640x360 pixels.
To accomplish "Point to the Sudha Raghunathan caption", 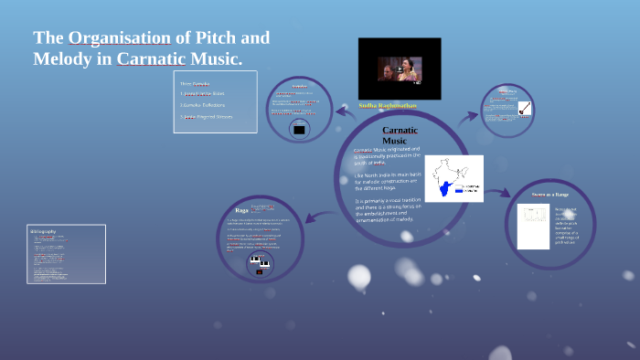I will click(393, 106).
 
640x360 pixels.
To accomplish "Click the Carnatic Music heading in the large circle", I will click(400, 135).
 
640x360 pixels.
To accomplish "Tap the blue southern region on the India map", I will click(448, 187).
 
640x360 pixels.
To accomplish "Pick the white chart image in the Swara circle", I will click(533, 226).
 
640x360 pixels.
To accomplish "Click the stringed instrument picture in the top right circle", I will click(525, 107).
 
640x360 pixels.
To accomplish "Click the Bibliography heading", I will click(44, 232).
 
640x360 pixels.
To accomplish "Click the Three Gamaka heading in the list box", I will click(195, 84).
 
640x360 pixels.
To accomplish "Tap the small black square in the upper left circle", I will click(298, 129).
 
